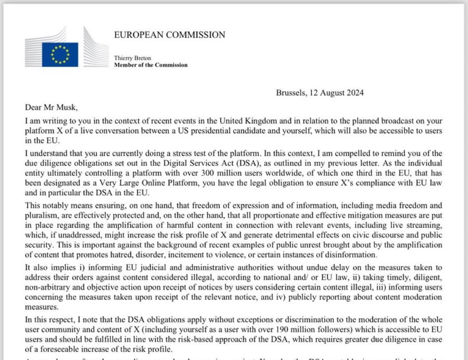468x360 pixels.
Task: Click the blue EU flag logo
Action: (x=60, y=55)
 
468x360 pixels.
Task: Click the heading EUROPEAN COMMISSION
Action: (x=170, y=35)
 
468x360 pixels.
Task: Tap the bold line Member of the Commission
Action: (x=150, y=65)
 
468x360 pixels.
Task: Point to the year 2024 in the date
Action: (x=354, y=93)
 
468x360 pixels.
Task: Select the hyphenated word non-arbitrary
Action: (x=47, y=287)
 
